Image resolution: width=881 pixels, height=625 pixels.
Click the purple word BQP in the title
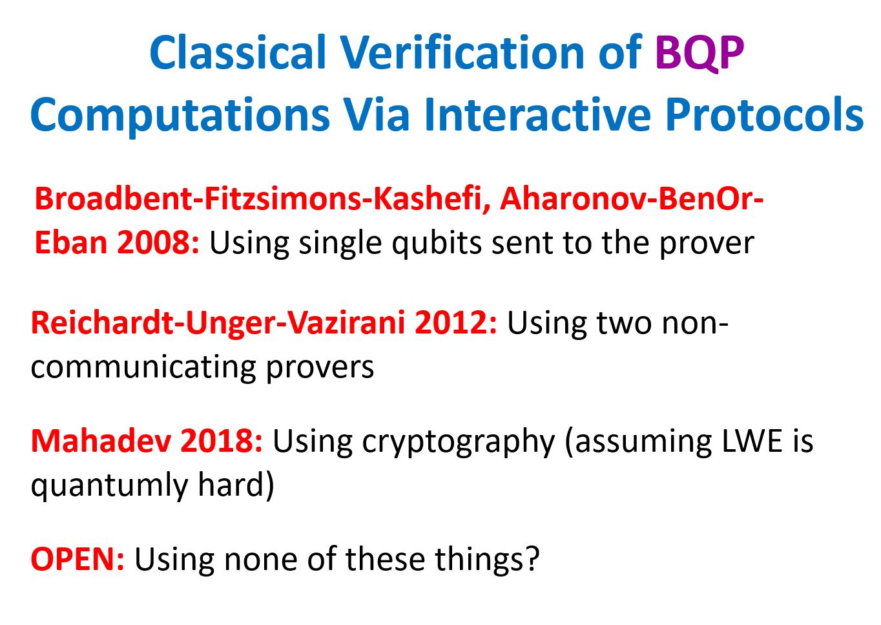[x=700, y=53]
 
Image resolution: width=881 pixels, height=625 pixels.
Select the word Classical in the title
[x=238, y=52]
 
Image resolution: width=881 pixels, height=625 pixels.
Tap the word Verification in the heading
[x=463, y=52]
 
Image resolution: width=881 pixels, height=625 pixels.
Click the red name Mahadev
[x=101, y=441]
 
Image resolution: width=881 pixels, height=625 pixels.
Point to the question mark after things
[x=532, y=558]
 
